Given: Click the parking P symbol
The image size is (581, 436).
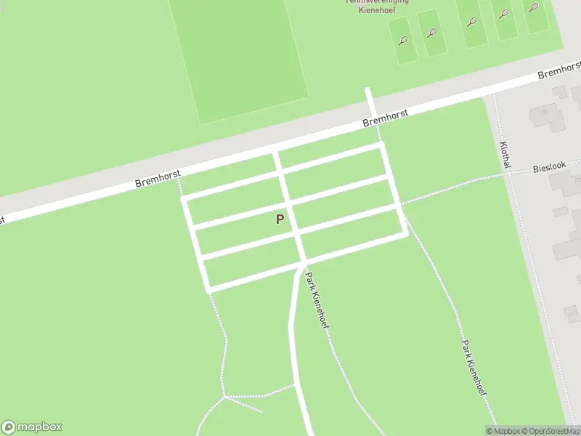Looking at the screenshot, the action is click(x=280, y=219).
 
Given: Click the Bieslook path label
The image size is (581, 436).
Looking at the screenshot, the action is click(x=549, y=167).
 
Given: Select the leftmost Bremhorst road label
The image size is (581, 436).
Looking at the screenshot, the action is click(x=158, y=178).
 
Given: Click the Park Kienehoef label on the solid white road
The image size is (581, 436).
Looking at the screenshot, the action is click(x=317, y=300).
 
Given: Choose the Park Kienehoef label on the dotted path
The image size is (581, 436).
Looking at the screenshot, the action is click(x=474, y=367).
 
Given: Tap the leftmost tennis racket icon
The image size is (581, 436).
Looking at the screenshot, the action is click(x=402, y=41).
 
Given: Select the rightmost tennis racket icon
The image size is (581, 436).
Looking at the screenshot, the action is click(x=533, y=8).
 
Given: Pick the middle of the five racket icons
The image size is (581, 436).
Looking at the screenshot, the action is click(x=472, y=23).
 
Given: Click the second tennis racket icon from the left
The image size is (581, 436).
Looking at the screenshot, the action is click(x=432, y=33).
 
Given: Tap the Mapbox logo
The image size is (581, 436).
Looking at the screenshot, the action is click(x=32, y=427).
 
